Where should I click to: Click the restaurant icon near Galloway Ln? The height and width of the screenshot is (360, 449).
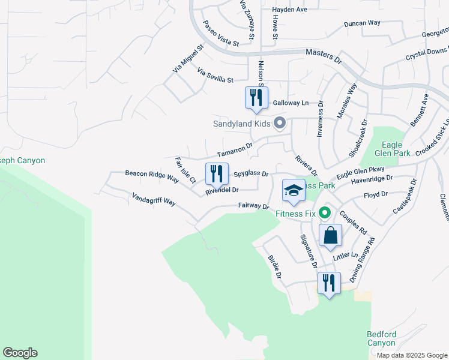[256, 97]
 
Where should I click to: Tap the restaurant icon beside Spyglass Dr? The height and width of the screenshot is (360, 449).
[217, 174]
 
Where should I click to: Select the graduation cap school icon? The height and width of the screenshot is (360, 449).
[294, 191]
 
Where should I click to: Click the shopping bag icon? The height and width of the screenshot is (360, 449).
[330, 235]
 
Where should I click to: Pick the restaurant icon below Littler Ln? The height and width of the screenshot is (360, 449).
[328, 283]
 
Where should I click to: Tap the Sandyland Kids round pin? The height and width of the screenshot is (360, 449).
[279, 124]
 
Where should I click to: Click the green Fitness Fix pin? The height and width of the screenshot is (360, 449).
[325, 212]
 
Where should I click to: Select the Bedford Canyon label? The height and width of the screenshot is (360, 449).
[381, 338]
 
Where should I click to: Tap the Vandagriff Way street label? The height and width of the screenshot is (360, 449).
[154, 199]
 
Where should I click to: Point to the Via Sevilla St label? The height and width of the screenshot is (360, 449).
[215, 75]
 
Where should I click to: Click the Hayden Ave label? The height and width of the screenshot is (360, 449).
[289, 10]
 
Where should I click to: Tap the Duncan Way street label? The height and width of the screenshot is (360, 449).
[362, 23]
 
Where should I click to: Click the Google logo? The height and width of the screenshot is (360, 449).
[20, 353]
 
